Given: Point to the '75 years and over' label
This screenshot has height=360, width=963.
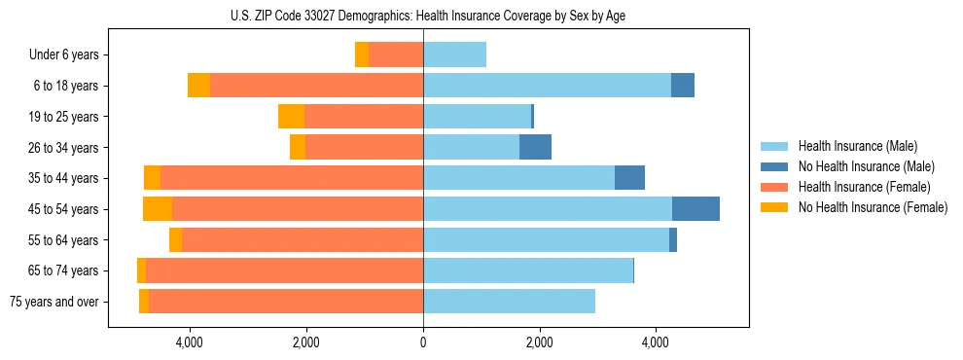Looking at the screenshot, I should pos(54,302).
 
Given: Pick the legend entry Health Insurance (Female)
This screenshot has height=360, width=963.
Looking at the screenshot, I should pos(864,187).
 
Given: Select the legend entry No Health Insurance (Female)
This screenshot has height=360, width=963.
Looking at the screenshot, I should pos(873,207).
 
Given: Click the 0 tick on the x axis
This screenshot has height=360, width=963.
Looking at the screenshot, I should pos(423,342).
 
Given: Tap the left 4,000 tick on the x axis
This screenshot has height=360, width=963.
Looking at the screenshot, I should pos(189,342).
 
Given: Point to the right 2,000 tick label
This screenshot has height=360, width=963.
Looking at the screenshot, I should pos(539,342).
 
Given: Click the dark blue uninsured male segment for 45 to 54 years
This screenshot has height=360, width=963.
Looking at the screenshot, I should pos(695,209).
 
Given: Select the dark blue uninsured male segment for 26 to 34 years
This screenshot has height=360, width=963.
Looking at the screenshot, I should pos(535,147).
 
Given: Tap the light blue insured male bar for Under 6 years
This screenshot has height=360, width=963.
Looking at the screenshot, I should pos(454,54).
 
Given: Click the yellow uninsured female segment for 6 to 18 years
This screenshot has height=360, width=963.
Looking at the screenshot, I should pos(198,86).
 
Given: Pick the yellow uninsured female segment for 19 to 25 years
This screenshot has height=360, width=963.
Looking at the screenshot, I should pos(291,117).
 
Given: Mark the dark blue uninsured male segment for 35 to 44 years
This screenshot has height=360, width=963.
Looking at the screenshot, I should pos(629,178).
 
